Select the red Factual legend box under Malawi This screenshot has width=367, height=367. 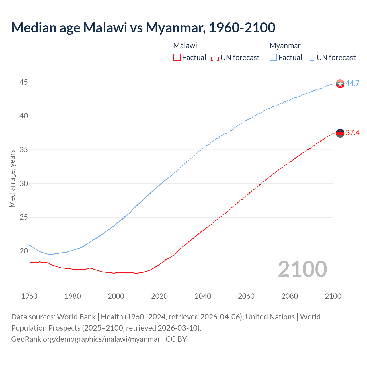click(177, 57)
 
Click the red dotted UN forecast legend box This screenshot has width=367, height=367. click(215, 57)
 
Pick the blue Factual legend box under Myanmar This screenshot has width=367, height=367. click(273, 57)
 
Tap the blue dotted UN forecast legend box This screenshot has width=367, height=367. click(311, 57)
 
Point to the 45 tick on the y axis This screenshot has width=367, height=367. click(24, 82)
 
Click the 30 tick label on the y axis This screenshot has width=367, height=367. click(24, 183)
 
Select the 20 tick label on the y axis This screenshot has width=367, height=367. click(24, 251)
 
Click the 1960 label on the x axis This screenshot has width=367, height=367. click(29, 296)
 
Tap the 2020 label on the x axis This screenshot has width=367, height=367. click(159, 296)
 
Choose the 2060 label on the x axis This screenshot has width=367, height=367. click(246, 296)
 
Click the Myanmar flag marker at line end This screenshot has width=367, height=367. click(340, 84)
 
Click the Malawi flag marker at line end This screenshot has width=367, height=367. click(340, 133)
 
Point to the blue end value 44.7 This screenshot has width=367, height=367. click(352, 83)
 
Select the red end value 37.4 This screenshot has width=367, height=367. click(352, 133)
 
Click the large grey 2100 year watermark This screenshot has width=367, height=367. click(302, 269)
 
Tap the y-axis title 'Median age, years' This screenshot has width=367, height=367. click(12, 178)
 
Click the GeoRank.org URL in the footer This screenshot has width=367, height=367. click(86, 339)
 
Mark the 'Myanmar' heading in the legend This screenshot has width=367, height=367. click(285, 46)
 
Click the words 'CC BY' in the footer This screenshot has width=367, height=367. click(176, 339)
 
